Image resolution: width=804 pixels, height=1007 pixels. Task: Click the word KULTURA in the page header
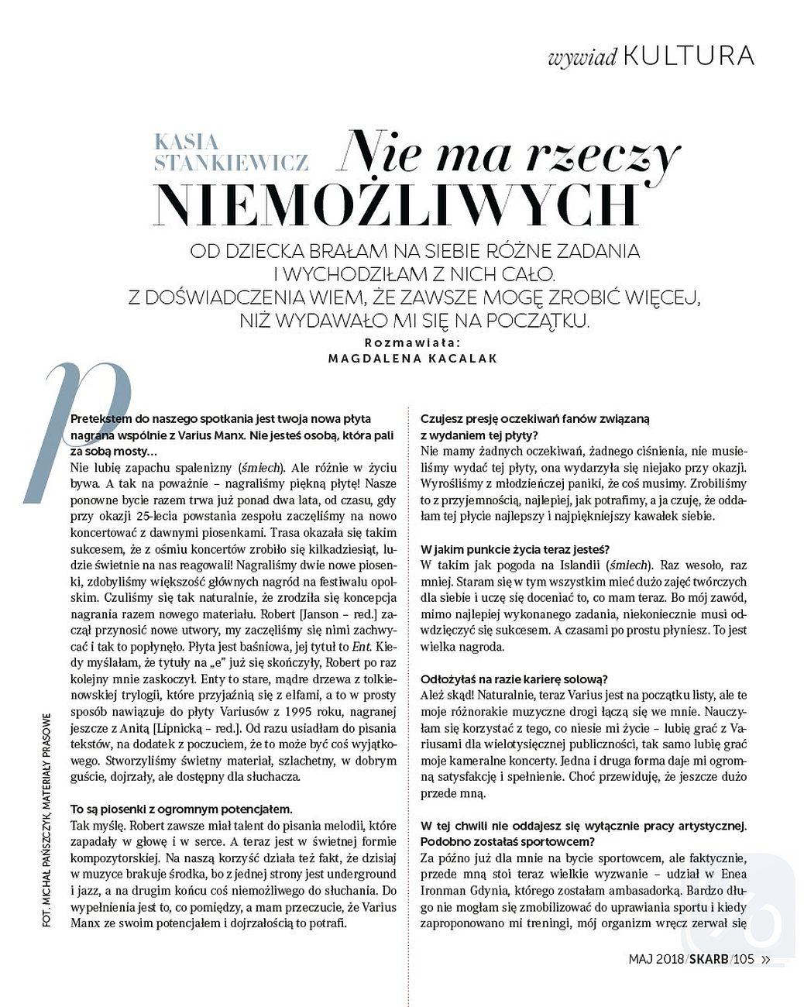pyautogui.click(x=688, y=56)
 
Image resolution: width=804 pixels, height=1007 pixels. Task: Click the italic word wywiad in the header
pyautogui.click(x=581, y=58)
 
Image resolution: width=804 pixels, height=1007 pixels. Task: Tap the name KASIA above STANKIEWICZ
pyautogui.click(x=187, y=143)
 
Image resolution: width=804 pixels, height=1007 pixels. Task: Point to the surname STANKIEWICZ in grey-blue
pyautogui.click(x=232, y=163)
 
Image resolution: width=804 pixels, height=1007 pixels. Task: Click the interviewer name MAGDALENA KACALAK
pyautogui.click(x=413, y=359)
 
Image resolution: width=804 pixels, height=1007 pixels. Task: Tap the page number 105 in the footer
pyautogui.click(x=743, y=959)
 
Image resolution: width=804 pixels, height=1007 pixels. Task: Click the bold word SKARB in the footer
pyautogui.click(x=709, y=959)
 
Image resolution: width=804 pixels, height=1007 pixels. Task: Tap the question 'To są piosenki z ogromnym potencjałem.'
pyautogui.click(x=181, y=808)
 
